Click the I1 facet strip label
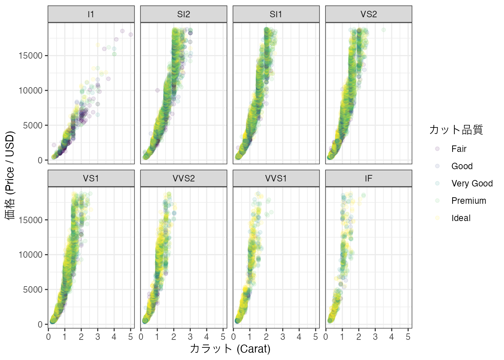(91, 14)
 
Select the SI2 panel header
(184, 14)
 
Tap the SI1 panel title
(276, 14)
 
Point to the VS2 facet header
(369, 14)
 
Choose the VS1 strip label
(91, 179)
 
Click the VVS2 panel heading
(184, 179)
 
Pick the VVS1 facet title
(276, 179)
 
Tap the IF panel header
(369, 179)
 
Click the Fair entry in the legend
(459, 149)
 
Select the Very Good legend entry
(472, 184)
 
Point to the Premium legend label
(468, 201)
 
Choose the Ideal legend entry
(461, 218)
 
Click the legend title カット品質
(456, 130)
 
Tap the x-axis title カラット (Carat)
(230, 349)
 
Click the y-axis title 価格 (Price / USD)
(10, 175)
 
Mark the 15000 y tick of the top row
(31, 56)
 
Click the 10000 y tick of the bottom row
(31, 255)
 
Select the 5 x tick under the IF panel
(408, 337)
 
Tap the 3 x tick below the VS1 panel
(98, 337)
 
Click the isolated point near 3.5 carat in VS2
(383, 30)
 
